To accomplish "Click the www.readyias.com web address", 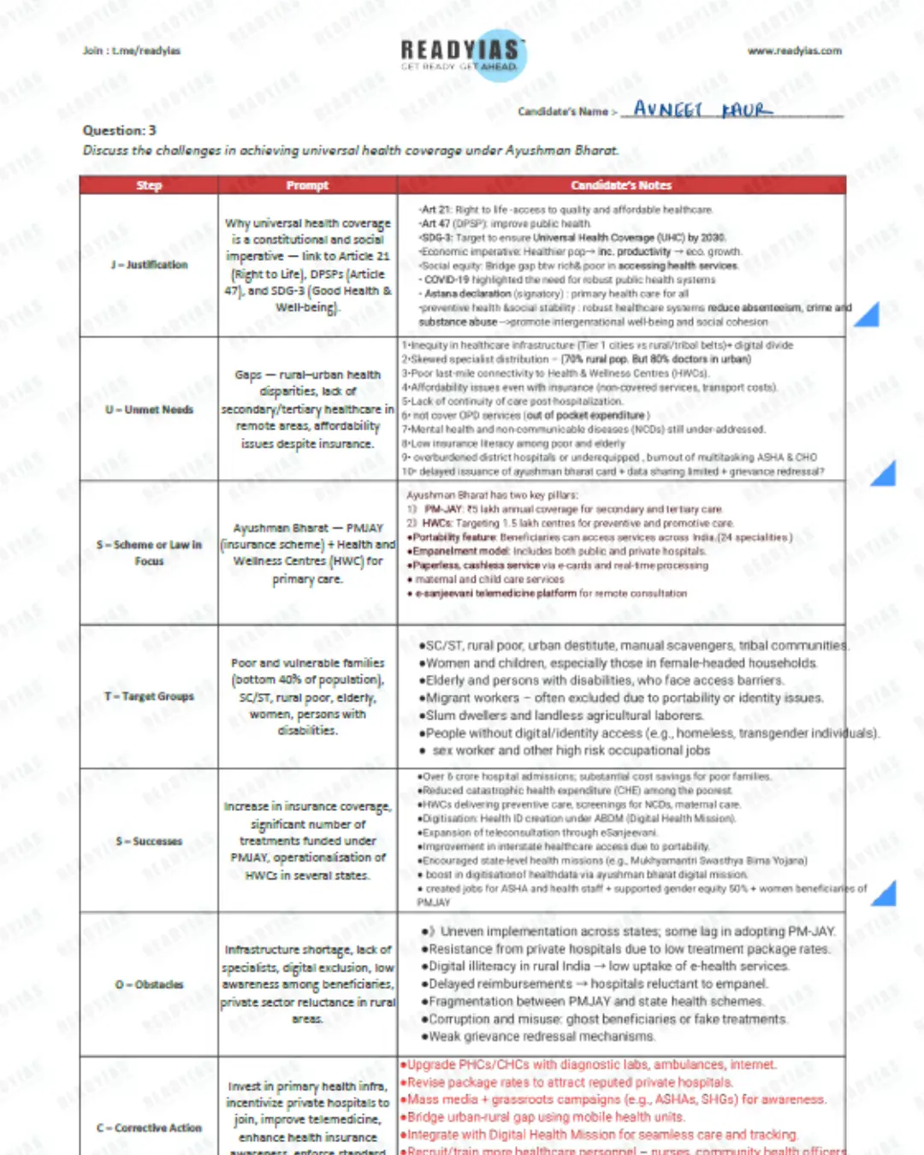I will tap(794, 51).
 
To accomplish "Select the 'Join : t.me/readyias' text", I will tap(132, 51).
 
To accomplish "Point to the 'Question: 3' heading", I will tap(120, 131).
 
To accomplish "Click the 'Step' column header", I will tap(149, 186).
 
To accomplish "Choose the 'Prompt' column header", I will tap(307, 186).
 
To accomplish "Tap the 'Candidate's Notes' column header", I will tap(621, 186).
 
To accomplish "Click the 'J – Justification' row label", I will tap(149, 265).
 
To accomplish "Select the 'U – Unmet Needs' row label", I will tap(149, 410).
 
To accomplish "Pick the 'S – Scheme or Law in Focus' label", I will tap(149, 553).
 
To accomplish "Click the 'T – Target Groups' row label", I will tap(149, 696).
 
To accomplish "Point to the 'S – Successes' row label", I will tap(149, 841).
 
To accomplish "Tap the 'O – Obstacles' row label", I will tap(149, 985).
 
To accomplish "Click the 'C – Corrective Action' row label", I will tap(149, 1128).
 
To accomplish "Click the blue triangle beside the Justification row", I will tap(868, 316).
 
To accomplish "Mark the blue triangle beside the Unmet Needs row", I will tap(884, 474).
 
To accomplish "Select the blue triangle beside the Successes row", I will tap(884, 894).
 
